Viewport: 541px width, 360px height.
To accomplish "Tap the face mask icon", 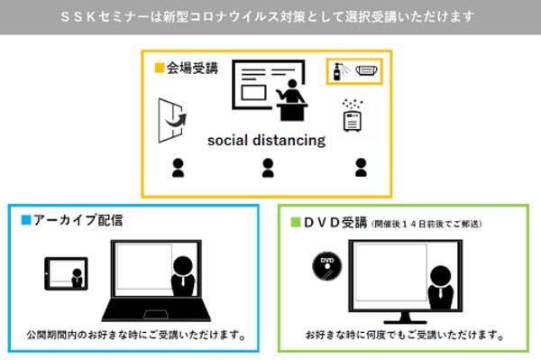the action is [x=366, y=70].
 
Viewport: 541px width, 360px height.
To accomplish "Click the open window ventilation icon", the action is [x=172, y=121].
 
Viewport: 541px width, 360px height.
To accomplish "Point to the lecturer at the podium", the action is [x=292, y=100].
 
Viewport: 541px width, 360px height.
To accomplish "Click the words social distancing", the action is [x=266, y=140].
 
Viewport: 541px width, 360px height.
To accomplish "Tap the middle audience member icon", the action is [x=268, y=168].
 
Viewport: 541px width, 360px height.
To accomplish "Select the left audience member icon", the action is [x=178, y=168].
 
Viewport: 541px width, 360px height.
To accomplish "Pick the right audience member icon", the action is [x=361, y=168].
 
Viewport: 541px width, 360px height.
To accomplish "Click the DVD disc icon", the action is [x=326, y=265].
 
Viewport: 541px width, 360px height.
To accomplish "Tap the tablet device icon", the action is [x=66, y=273].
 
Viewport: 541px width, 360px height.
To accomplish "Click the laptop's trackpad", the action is [x=156, y=315].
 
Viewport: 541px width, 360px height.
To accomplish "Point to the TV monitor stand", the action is [x=405, y=318].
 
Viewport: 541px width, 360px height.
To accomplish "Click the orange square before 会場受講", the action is [x=159, y=68].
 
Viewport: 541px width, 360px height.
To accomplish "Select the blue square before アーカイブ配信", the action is [x=26, y=220].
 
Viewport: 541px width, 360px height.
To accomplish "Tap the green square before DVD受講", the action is [x=296, y=222].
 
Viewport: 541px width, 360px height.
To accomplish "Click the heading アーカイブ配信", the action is [x=78, y=220].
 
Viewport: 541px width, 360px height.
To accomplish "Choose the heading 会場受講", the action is [x=192, y=68].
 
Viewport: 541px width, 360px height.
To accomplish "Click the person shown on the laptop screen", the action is [x=183, y=276].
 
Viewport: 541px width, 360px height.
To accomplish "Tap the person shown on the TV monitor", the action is [x=441, y=287].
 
